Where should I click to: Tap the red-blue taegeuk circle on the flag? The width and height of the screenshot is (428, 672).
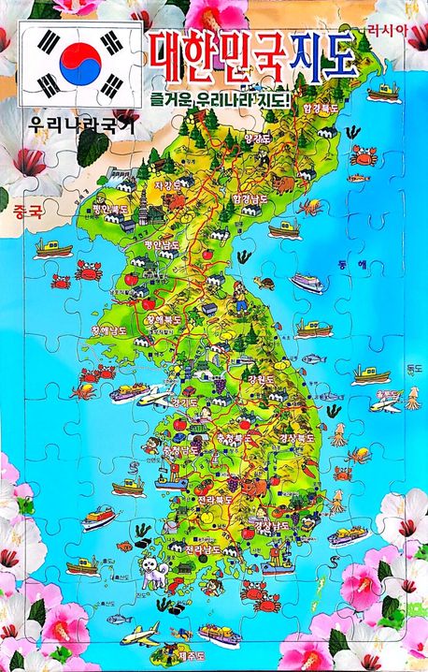79,63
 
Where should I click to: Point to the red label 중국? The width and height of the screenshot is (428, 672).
29,212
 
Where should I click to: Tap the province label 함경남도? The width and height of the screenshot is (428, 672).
250,199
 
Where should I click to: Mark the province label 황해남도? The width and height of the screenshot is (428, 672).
109,329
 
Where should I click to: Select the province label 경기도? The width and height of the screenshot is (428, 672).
184,402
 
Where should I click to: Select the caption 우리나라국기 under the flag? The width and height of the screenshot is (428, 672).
69,124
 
